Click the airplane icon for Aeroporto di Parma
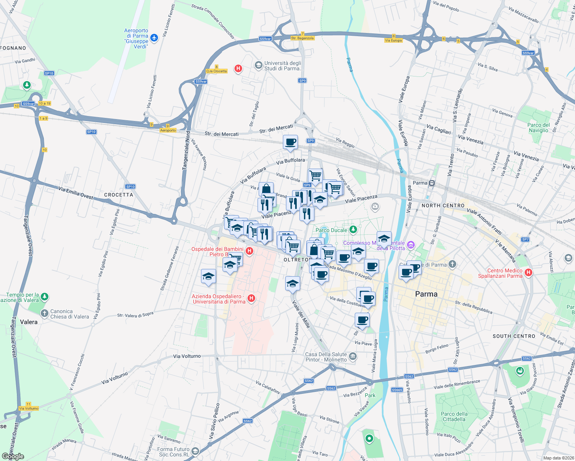tap(154, 38)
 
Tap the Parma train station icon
tap(432, 183)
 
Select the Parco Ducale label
tap(331, 230)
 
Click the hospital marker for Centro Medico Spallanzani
tap(528, 272)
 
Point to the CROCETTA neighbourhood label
tap(118, 195)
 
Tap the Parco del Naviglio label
tap(538, 128)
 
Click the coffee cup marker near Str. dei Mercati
tap(290, 143)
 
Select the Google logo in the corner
tap(13, 456)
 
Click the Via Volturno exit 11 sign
tap(28, 406)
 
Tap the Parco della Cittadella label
tap(454, 416)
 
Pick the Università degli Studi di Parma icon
tap(259, 65)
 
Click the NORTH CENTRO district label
tap(443, 206)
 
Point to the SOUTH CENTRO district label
tap(514, 336)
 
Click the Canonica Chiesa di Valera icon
tap(45, 314)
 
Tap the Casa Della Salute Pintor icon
tap(353, 357)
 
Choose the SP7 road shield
tap(525, 239)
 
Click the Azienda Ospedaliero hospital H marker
tap(251, 298)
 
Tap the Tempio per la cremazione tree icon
tap(45, 297)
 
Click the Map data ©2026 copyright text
tap(557, 458)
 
